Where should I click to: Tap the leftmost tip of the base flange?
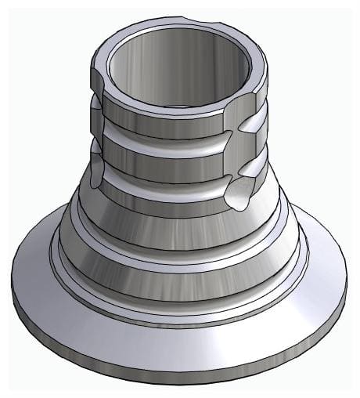[x=13, y=270]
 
